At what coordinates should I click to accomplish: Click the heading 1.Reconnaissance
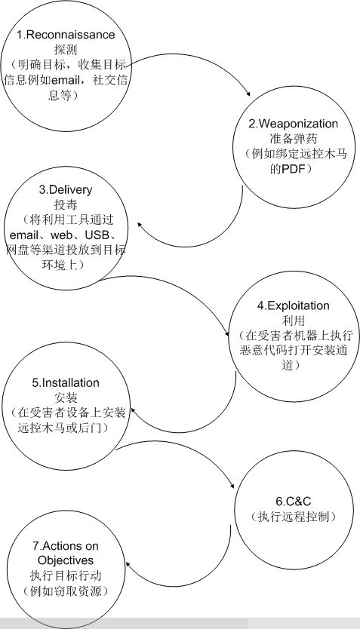[66, 35]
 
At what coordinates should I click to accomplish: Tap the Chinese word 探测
[66, 50]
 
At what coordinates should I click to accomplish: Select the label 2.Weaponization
[294, 124]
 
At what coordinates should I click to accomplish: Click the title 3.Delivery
[66, 190]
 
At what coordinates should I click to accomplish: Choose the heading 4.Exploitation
[294, 305]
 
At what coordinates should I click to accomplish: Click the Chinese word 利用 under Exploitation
[294, 321]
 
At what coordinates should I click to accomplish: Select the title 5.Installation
[66, 382]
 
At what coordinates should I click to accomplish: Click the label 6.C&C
[294, 502]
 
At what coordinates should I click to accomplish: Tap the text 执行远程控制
[294, 517]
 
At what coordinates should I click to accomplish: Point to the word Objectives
[66, 560]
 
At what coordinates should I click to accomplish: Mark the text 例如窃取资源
[66, 591]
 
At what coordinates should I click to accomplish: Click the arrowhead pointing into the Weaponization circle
[248, 94]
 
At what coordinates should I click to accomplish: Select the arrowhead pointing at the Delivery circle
[140, 225]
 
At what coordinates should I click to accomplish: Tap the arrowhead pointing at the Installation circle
[134, 411]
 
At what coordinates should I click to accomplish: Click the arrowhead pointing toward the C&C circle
[232, 486]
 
